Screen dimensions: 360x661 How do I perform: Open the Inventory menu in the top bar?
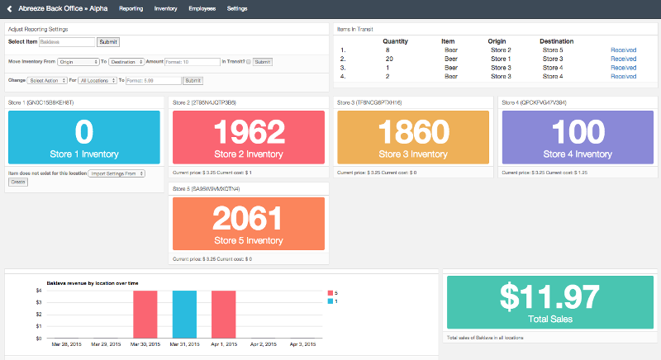click(x=165, y=8)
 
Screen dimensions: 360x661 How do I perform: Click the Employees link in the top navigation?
click(x=202, y=8)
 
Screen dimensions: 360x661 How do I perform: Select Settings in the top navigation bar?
click(x=236, y=8)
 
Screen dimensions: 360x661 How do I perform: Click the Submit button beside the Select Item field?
click(x=107, y=41)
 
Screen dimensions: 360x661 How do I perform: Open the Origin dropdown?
click(x=78, y=61)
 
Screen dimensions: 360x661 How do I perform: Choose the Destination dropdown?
click(x=126, y=61)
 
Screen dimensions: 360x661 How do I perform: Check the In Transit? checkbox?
click(x=248, y=61)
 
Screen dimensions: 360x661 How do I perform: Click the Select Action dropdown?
click(x=46, y=80)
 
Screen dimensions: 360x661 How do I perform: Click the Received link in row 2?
click(x=623, y=59)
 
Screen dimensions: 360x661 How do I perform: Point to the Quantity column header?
click(x=395, y=40)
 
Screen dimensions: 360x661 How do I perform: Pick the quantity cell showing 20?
click(x=388, y=59)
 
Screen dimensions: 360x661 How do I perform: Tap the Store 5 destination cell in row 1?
click(x=552, y=50)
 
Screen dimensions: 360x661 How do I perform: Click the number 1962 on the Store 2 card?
click(x=249, y=132)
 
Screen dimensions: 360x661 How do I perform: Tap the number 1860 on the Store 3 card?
click(x=413, y=132)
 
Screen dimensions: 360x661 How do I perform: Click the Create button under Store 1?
click(x=17, y=181)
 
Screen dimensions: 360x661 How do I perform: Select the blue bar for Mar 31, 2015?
click(x=184, y=314)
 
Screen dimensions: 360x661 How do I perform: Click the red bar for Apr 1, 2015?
click(x=223, y=314)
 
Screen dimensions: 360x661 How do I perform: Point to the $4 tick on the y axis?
click(x=38, y=291)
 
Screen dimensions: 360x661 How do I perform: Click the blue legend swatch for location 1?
click(x=331, y=301)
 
